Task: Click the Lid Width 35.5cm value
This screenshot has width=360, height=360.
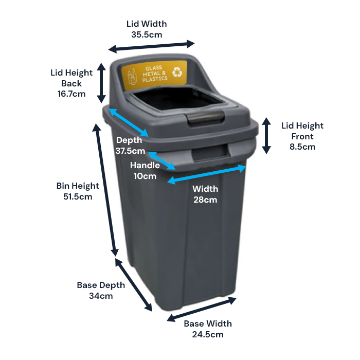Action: (x=147, y=35)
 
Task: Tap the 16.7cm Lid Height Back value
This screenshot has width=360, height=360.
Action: (x=71, y=94)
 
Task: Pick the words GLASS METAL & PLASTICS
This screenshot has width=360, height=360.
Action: (x=154, y=74)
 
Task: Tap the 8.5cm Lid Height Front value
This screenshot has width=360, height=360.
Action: (x=302, y=147)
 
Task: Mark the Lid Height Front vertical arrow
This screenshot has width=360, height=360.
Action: (x=266, y=136)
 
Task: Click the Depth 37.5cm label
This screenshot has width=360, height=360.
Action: (x=130, y=146)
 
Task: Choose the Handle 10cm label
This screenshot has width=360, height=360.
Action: (x=145, y=171)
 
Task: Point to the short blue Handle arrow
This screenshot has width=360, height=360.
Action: (x=162, y=160)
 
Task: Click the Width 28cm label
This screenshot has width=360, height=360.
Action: (x=205, y=194)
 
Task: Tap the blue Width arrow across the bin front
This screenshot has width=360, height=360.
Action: (x=207, y=174)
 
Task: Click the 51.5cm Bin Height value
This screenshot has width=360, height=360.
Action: (x=78, y=196)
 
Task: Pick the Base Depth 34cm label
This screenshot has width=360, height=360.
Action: (x=95, y=290)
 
